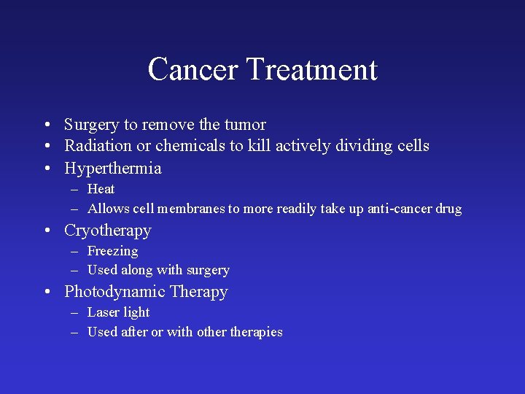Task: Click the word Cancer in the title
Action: pos(192,70)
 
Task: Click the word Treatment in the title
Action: pos(311,70)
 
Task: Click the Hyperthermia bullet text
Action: pos(113,169)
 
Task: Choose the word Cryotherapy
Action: pos(108,231)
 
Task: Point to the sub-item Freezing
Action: pos(112,252)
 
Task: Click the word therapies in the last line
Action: pos(256,333)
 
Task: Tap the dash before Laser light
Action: pos(75,313)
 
